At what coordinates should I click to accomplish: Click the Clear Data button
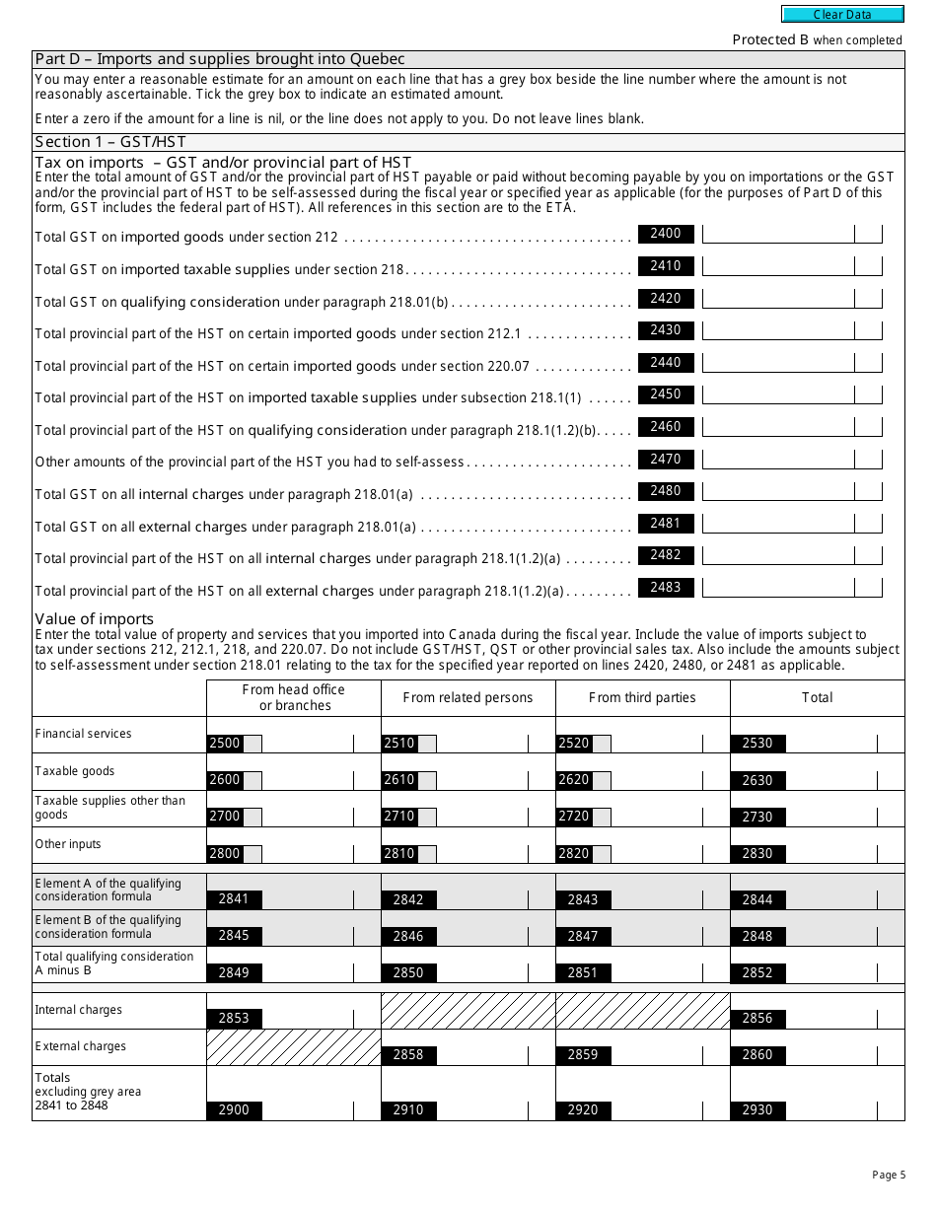coord(842,15)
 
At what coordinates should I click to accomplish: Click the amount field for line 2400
coord(777,235)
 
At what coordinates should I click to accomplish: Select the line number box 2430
coord(666,330)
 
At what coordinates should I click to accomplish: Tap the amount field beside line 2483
coord(777,588)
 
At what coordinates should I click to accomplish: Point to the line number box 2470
coord(666,460)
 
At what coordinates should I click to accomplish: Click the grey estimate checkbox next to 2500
coord(252,744)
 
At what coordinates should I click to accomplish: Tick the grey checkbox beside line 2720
coord(602,817)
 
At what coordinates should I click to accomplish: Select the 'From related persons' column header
coord(468,698)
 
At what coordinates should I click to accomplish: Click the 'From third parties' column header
coord(642,698)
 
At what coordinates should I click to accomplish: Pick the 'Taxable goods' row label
coord(75,771)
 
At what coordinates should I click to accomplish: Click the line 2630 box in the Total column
coord(757,780)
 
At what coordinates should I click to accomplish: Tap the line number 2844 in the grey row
coord(757,899)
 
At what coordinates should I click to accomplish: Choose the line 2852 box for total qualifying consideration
coord(757,972)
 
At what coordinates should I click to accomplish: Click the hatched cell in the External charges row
coord(294,1047)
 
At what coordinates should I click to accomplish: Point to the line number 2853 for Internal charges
coord(234,1018)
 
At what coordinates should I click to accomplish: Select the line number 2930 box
coord(757,1110)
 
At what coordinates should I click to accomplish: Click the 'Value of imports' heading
coord(95,619)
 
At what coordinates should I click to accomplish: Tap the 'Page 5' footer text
coord(888,1175)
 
